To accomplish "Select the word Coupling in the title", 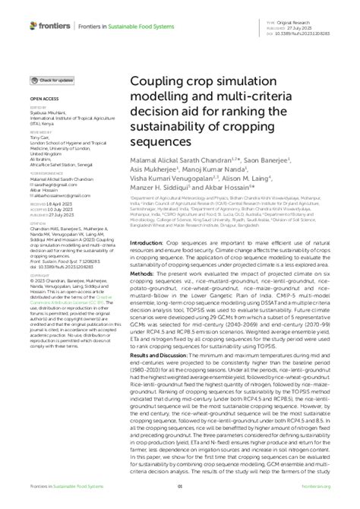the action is tap(159, 81).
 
